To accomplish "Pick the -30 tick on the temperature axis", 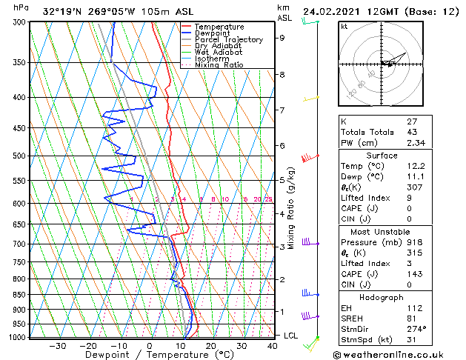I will coord(56,346).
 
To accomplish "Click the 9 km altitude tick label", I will coord(282,38).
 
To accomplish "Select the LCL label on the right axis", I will coord(292,336).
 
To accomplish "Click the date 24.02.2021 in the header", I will coord(332,12).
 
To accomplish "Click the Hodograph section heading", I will coord(382,297).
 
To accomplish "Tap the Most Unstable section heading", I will coord(382,231).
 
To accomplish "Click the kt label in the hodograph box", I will coord(344,26).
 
